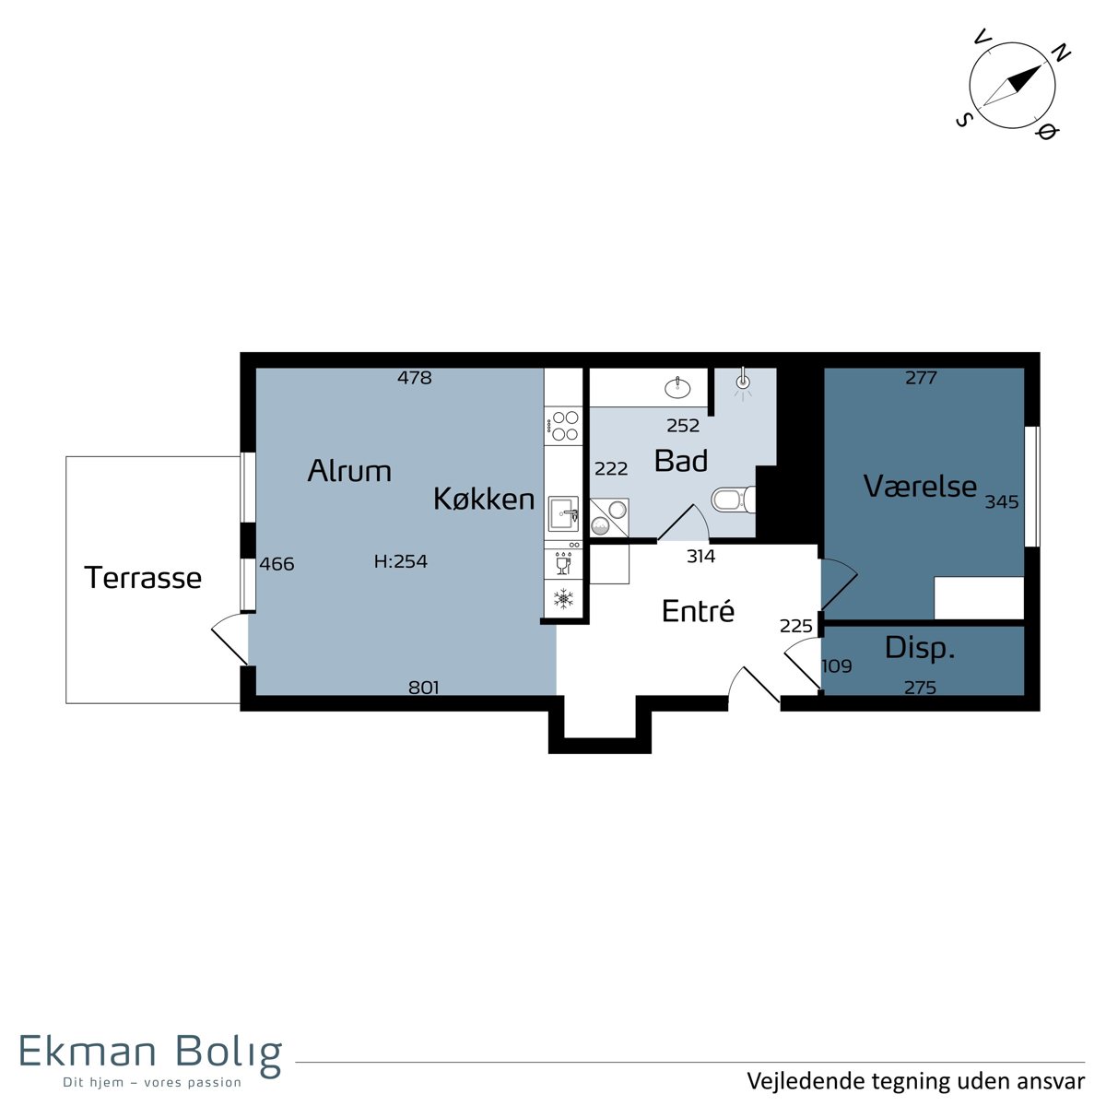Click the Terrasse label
(143, 577)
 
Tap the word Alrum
(349, 471)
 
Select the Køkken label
(484, 499)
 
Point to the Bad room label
(681, 460)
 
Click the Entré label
(698, 610)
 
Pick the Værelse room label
(920, 486)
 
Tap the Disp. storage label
(920, 648)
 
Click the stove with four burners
(564, 425)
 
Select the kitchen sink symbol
(564, 514)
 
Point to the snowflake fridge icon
(564, 598)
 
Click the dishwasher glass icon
(564, 563)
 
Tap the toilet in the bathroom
(734, 500)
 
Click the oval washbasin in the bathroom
(677, 387)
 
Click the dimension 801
(424, 687)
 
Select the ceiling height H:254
(401, 560)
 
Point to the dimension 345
(1002, 501)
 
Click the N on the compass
(1061, 53)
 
